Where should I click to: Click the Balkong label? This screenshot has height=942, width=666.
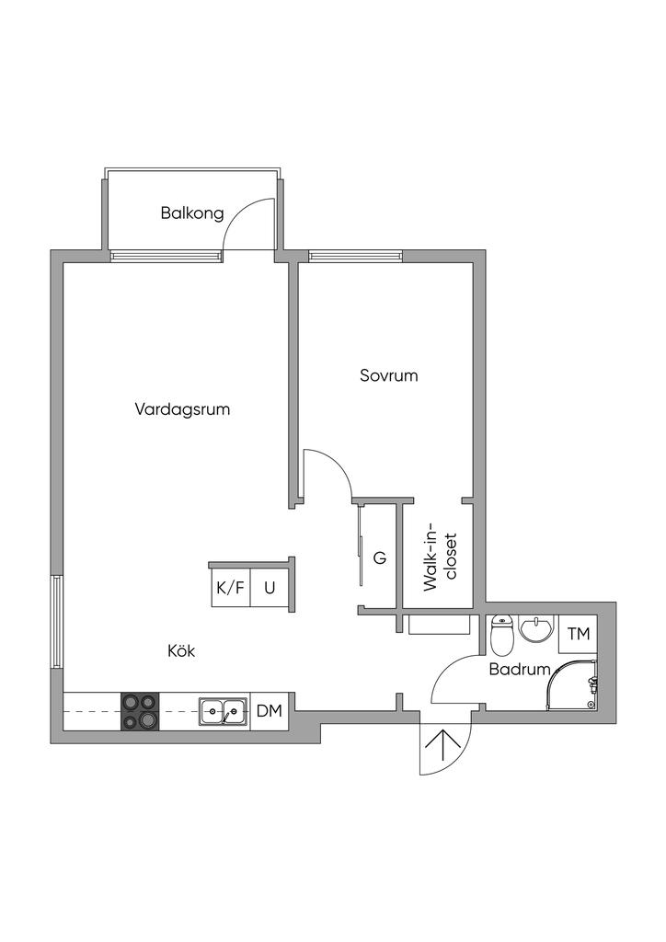pos(192,213)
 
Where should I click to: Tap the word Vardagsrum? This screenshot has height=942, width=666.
pos(182,409)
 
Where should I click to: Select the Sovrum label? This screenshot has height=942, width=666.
pos(388,375)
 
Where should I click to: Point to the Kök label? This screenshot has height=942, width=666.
pos(181,650)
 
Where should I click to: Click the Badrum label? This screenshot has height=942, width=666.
pos(520,669)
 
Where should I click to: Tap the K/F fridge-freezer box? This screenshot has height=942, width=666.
pos(230,588)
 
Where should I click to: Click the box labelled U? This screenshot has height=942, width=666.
pos(270,588)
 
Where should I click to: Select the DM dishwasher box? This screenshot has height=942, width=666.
pos(269,710)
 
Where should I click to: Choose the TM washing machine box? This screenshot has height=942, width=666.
pos(578,634)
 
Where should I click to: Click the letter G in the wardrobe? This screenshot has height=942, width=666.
pos(379,558)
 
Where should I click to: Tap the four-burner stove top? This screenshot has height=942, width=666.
pos(139,710)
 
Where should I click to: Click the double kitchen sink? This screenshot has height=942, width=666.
pos(224,710)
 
